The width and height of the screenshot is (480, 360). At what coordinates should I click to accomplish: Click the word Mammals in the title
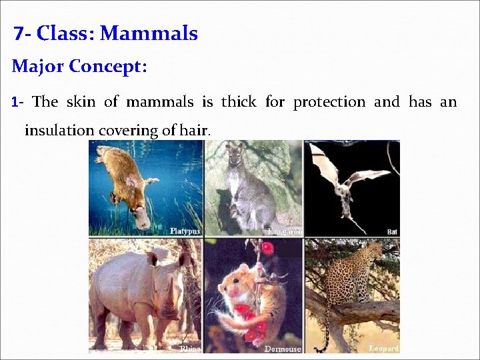coord(149,33)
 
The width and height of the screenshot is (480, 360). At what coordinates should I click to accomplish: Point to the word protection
coord(329,102)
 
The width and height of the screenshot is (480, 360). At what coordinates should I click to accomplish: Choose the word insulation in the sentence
coord(59,130)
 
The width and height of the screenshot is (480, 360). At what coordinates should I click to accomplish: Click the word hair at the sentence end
coord(194,130)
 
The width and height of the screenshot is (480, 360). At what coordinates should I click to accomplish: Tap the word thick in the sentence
coord(239,102)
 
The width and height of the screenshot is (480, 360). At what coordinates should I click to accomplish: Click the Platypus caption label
coord(185,231)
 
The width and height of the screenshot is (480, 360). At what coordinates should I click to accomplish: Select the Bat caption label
coord(392,231)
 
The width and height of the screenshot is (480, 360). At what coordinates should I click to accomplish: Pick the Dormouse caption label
coord(283,348)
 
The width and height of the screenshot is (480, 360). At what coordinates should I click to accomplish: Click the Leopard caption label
coord(383,348)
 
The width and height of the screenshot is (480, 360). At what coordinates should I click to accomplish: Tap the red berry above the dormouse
coord(268,249)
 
